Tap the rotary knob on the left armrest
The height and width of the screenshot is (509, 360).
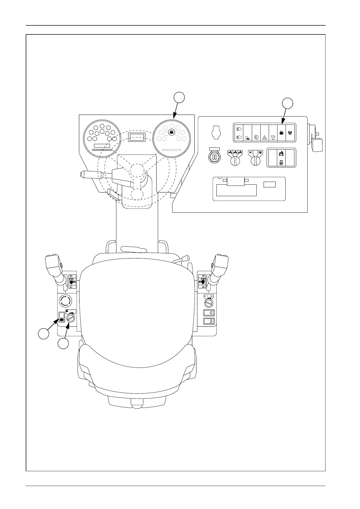70,318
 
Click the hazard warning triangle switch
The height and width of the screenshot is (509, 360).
264,137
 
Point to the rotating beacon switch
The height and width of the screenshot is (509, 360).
273,137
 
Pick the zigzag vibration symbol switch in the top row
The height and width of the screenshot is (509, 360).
290,133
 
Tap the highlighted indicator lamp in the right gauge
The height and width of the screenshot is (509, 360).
171,132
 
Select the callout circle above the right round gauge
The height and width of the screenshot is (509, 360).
179,98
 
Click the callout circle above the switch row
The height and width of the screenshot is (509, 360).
287,103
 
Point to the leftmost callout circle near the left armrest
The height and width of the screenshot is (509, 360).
44,334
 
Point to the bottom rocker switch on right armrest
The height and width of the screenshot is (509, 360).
209,321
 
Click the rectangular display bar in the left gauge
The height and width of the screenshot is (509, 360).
102,146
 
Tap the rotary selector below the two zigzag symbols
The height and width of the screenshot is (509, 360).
255,160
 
